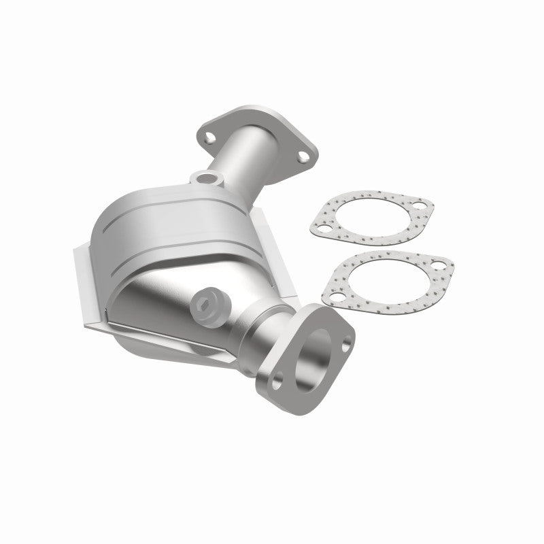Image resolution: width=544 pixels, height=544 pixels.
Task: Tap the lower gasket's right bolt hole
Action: (438, 265)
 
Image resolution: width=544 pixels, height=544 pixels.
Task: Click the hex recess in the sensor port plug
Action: (203, 303)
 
